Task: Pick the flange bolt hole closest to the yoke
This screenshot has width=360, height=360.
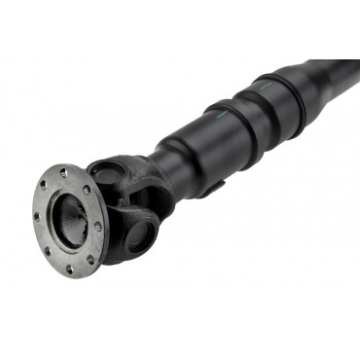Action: click(x=97, y=228)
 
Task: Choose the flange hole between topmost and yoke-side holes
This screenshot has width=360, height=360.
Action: click(x=86, y=191)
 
